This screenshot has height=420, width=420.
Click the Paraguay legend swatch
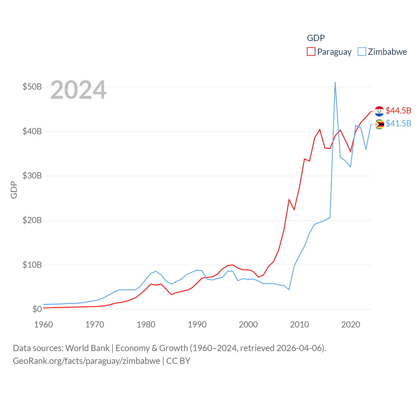coord(311,52)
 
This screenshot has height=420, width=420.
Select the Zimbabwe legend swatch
coord(362,52)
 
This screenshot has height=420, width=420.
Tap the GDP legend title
coord(316,38)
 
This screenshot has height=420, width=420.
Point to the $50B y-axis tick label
coord(32,87)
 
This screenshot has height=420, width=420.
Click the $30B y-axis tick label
coord(32,176)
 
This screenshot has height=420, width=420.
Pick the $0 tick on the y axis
coord(37,309)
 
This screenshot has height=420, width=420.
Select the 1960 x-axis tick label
coord(44,325)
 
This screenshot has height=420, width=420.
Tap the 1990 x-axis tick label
coord(197,325)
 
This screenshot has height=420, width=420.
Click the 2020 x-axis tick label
coord(351,325)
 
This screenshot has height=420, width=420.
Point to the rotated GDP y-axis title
coord(14,190)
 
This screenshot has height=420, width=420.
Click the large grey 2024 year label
coord(78,90)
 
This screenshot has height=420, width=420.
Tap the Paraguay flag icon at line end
coord(379,111)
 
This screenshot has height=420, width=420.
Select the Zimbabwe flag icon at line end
coord(379,124)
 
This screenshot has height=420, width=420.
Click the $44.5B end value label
coord(398,111)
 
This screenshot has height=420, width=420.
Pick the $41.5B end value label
coord(398,123)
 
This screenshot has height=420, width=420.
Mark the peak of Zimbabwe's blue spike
coord(335,82)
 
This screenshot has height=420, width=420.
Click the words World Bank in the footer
coord(87,348)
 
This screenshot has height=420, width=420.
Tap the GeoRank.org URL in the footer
coord(86,361)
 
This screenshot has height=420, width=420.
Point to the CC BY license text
coord(178,361)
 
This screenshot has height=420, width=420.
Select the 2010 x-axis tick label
coord(300,325)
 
